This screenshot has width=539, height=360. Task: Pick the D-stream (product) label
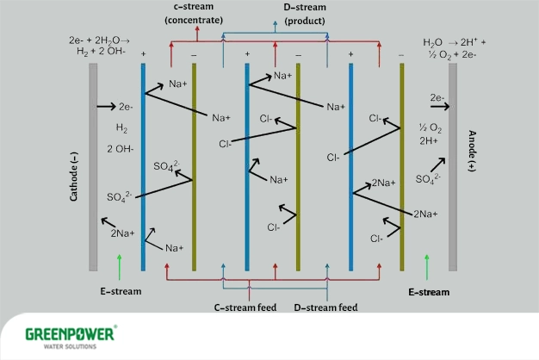277,13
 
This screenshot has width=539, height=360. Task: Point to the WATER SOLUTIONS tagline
65,348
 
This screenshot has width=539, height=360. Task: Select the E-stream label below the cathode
120,291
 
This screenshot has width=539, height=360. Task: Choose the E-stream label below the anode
428,292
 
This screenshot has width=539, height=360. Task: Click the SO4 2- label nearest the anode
429,179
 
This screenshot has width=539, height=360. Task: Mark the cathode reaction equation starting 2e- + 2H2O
98,47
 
